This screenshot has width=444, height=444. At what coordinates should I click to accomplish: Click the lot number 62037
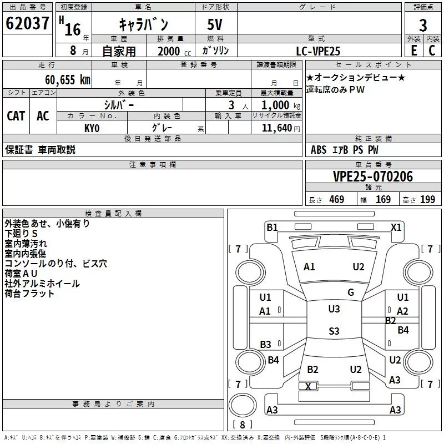point(27,25)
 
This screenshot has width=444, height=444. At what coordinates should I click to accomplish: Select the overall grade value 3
point(423,25)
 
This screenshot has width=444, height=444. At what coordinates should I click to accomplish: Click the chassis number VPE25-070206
point(372,176)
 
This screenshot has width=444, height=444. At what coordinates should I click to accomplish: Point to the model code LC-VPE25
point(319,51)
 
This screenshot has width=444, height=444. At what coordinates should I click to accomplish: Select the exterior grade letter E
point(413,50)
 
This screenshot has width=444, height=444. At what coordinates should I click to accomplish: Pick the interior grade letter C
point(432,50)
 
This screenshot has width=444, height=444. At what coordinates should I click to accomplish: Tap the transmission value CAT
point(16,115)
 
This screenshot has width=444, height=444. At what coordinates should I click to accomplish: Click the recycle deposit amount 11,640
point(276,128)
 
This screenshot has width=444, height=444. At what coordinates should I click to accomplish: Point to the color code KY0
point(92,128)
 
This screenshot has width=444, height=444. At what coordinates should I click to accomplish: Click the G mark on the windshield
point(351,292)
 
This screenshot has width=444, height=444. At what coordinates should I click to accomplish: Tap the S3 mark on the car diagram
point(334,331)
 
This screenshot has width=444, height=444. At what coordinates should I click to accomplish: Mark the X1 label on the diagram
point(396,227)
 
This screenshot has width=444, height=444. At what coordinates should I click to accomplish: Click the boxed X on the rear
point(309,386)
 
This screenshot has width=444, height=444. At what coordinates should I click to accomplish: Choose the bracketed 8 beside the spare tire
point(242,425)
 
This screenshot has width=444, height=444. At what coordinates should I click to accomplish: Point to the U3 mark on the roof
point(334,309)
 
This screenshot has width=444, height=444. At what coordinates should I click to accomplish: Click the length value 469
point(336,200)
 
